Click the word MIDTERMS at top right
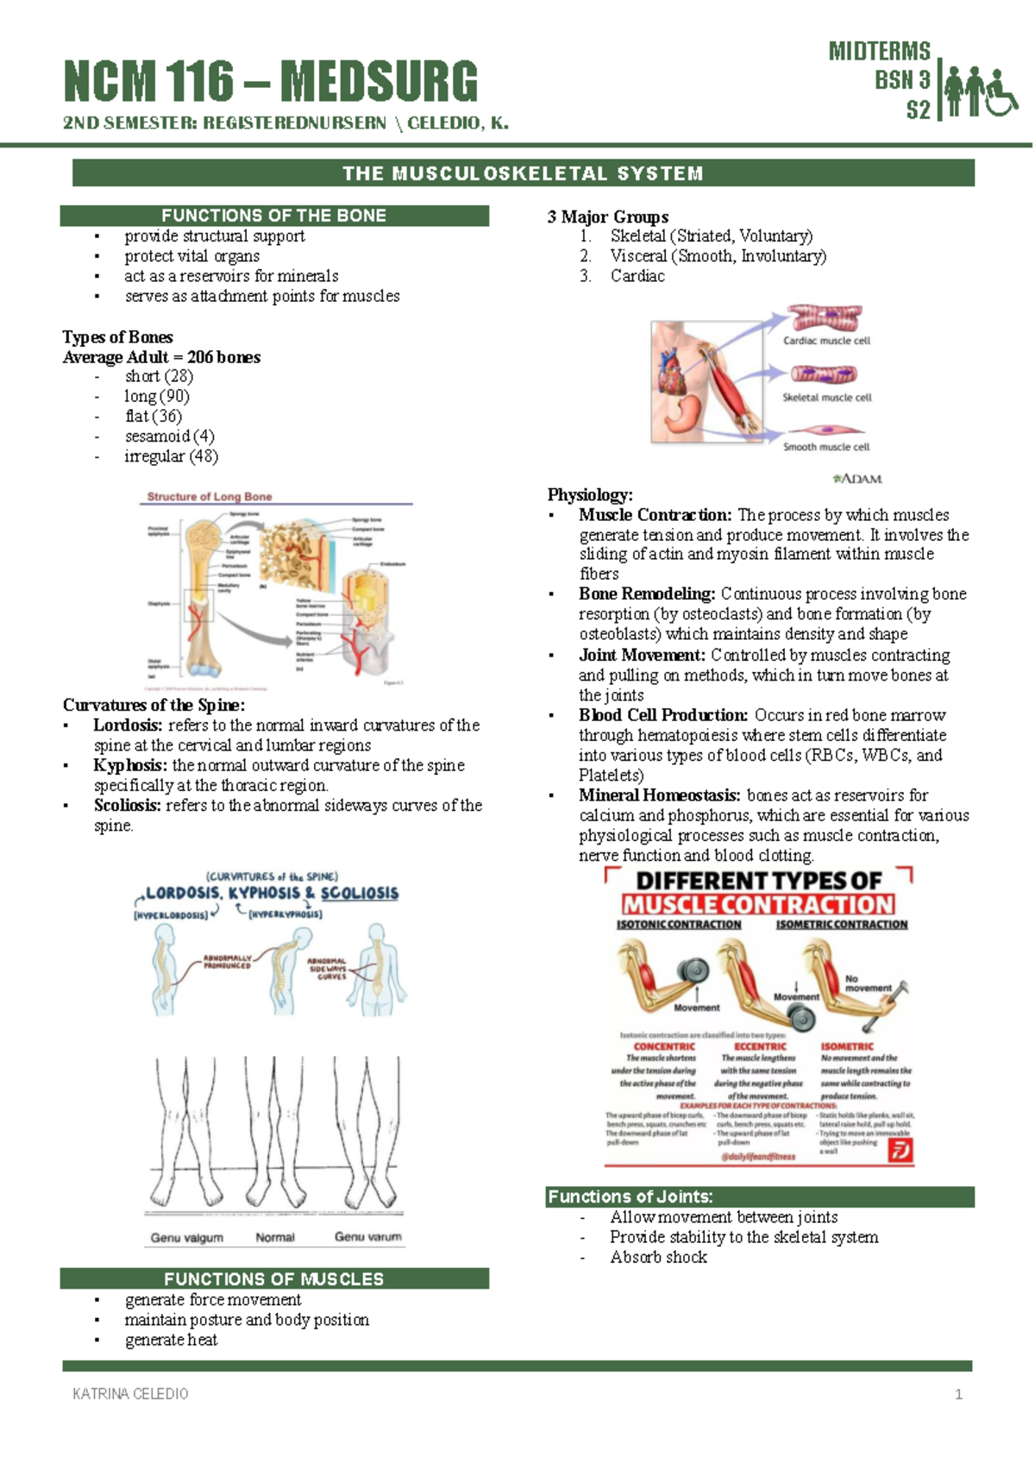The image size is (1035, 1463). (x=879, y=51)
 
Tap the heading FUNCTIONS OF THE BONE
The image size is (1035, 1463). (x=274, y=216)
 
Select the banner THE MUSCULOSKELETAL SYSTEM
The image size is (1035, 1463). (x=523, y=173)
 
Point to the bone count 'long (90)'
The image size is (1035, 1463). (x=156, y=396)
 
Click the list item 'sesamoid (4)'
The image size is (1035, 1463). (x=169, y=436)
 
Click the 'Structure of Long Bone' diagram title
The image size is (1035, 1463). (x=210, y=497)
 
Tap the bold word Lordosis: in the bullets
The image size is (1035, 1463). (x=128, y=725)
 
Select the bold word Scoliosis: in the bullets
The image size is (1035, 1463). (x=127, y=806)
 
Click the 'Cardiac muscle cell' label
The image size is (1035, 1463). (x=826, y=341)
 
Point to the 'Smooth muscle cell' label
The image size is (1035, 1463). (x=826, y=447)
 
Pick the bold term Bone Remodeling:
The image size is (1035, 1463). (x=647, y=594)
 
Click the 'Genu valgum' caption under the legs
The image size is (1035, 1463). (x=187, y=1237)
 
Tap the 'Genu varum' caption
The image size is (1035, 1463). (x=368, y=1236)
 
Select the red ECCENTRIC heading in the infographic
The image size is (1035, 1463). (x=760, y=1046)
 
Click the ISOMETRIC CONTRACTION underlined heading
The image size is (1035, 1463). (x=842, y=924)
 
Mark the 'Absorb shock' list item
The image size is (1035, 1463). (x=658, y=1257)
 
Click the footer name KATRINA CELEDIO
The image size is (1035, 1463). (x=130, y=1394)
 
